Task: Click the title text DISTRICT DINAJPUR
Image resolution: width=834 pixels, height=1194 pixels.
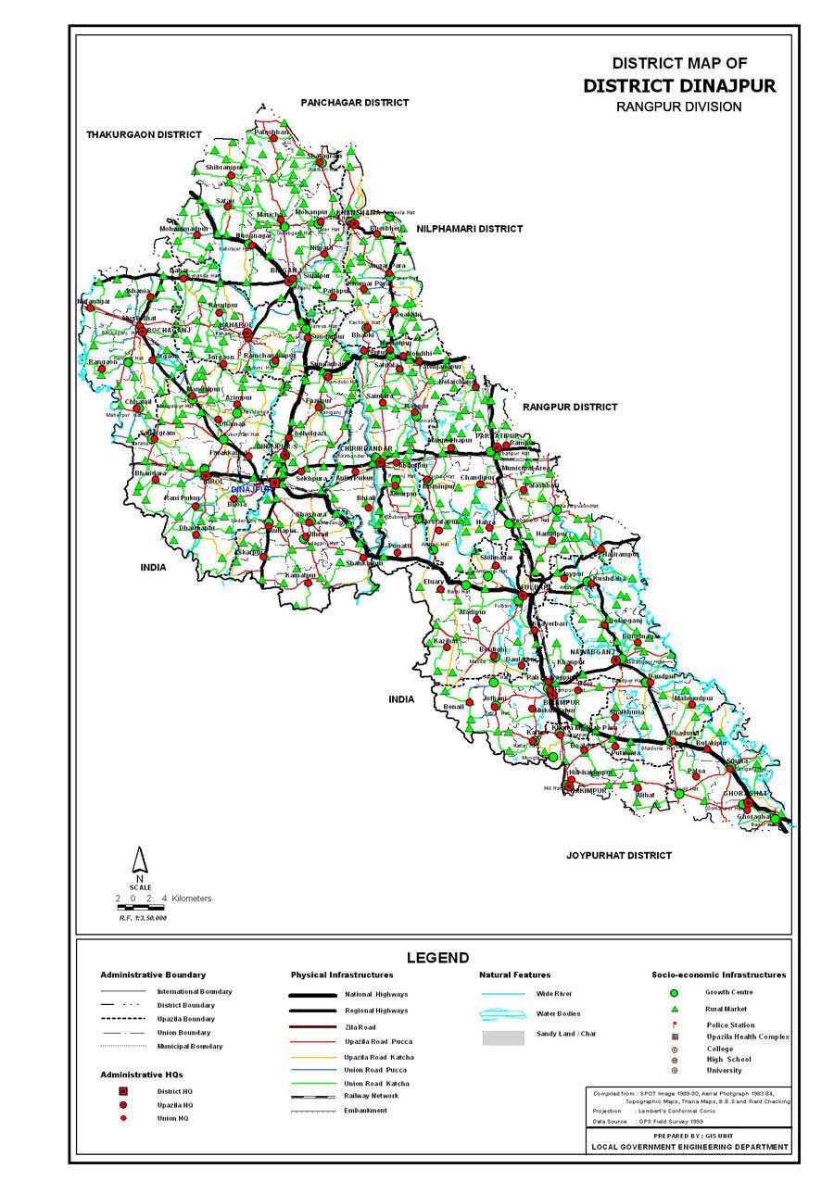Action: click(679, 86)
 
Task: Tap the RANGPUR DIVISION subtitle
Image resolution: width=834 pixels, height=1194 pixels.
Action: click(679, 107)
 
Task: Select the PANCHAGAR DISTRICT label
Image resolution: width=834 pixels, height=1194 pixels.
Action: click(354, 102)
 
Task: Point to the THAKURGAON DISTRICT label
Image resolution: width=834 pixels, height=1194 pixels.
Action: click(144, 134)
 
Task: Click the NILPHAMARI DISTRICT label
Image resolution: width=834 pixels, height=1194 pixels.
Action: click(470, 229)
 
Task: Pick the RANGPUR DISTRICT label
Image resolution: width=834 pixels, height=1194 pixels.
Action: click(569, 407)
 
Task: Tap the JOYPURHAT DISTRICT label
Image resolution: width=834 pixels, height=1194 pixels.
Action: click(619, 855)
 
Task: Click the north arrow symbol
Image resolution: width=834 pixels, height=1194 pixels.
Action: click(139, 861)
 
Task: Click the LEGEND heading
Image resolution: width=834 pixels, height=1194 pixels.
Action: click(437, 958)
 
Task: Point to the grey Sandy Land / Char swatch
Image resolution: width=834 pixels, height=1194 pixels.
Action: click(502, 1038)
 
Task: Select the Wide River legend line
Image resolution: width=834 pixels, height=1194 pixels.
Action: click(502, 994)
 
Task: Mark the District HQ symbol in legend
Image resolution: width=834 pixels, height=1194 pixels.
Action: click(123, 1091)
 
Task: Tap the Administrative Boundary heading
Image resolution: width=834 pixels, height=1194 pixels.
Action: click(153, 974)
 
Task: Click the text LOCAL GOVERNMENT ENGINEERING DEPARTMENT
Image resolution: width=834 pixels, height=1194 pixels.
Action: click(690, 1147)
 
